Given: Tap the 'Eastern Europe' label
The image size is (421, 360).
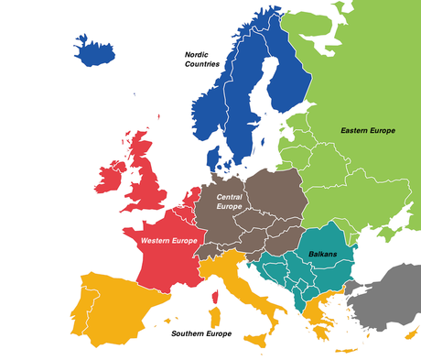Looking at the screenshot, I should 367,131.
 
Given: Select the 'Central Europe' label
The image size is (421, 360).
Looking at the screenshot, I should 230,202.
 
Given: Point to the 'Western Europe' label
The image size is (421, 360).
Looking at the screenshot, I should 169,240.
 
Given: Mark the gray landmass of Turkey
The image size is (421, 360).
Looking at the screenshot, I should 384,302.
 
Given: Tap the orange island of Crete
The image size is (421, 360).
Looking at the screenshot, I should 345,352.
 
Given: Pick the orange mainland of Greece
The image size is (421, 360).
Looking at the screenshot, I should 316,311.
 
